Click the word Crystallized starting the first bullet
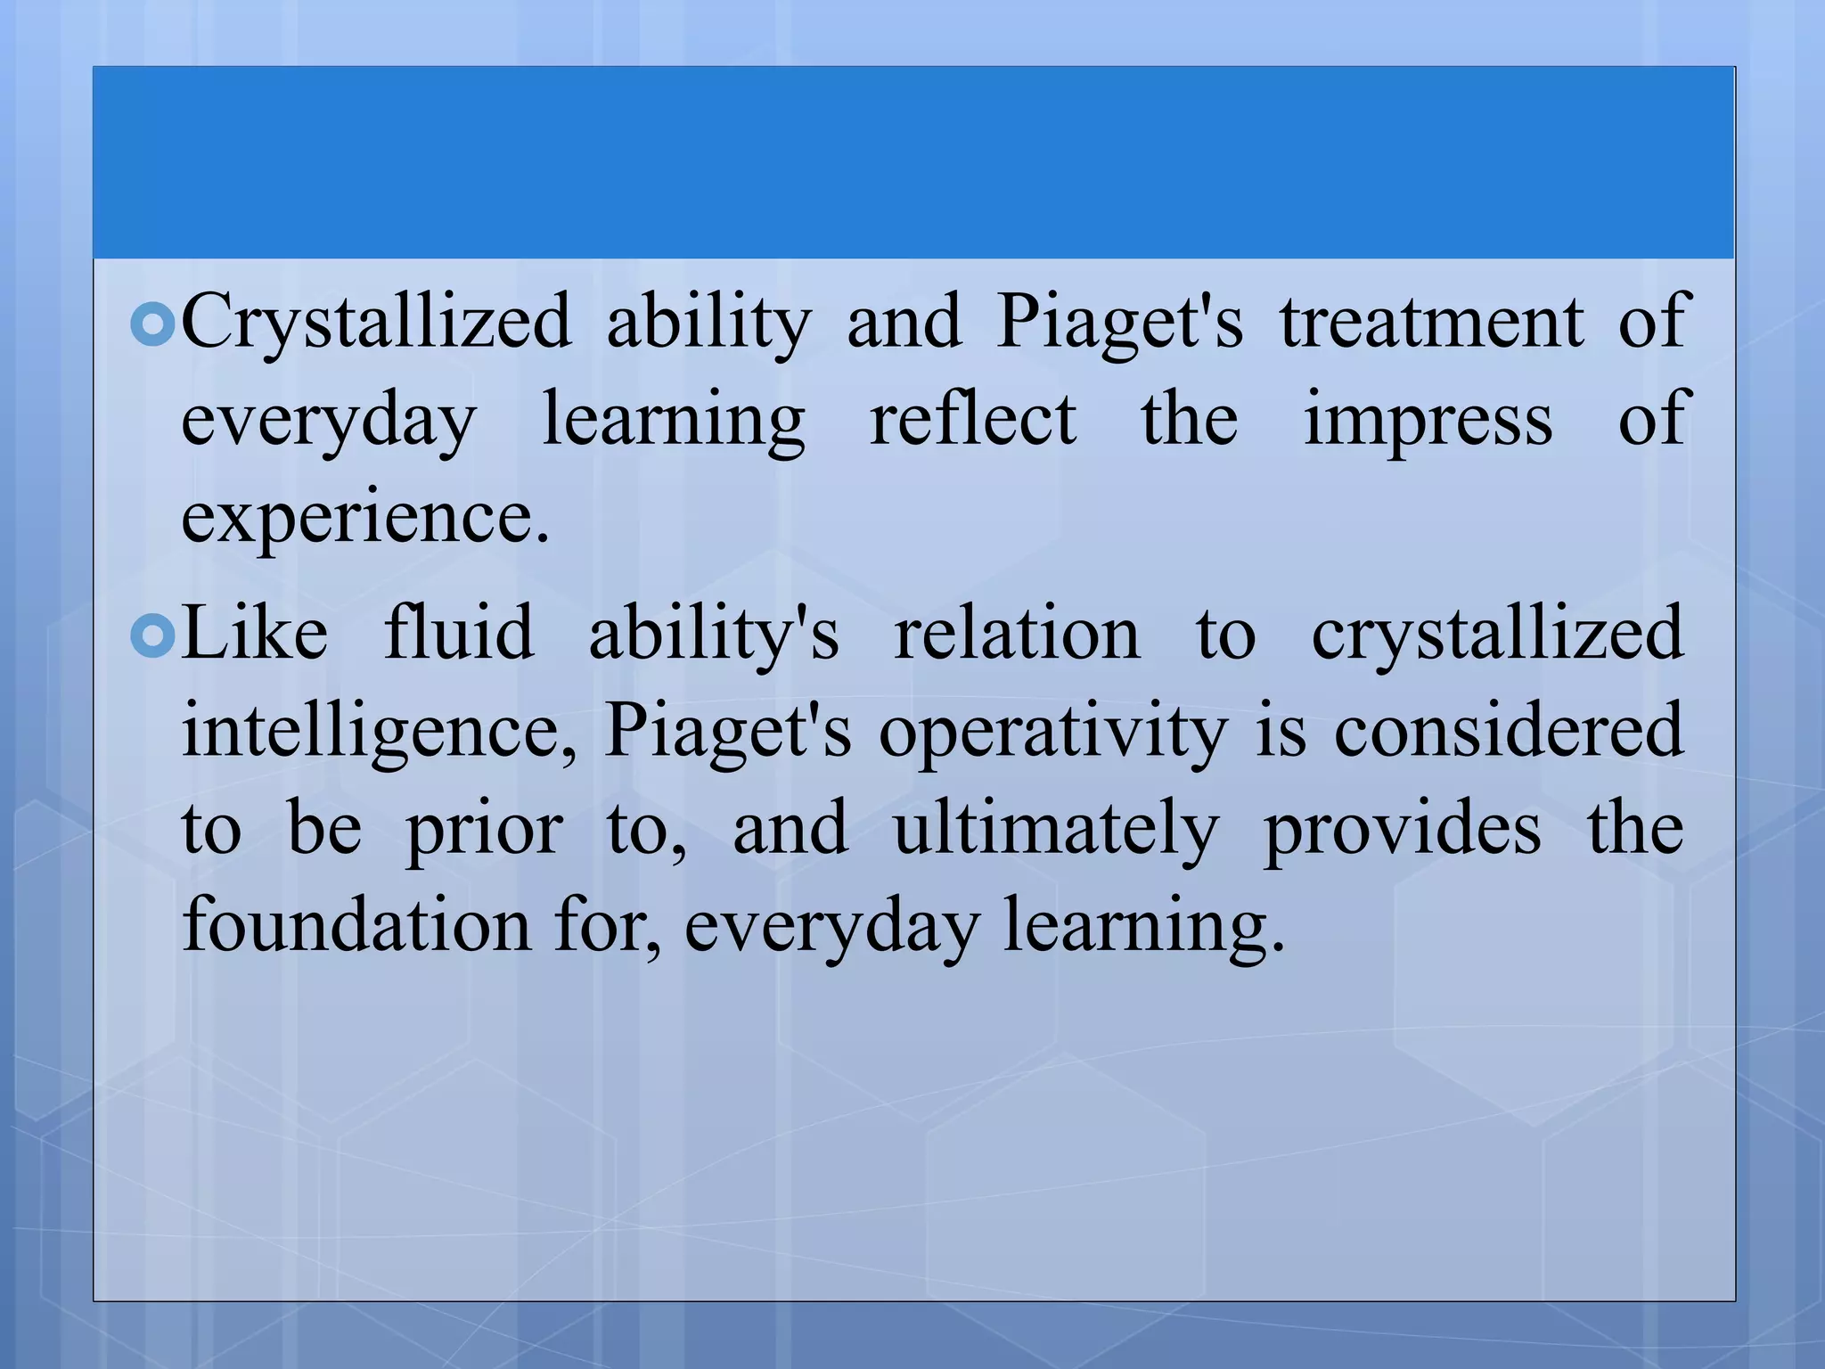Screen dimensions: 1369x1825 coord(375,323)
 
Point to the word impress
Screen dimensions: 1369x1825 coord(1428,421)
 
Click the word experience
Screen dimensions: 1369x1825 coord(364,519)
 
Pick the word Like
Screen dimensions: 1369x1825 coord(255,633)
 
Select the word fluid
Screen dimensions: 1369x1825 coord(459,633)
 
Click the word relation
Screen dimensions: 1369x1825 coord(1017,633)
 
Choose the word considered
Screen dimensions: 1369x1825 coord(1508,731)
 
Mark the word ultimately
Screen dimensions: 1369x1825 coord(1056,829)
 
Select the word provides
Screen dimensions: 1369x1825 coord(1402,829)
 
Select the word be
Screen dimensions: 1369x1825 coord(324,829)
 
